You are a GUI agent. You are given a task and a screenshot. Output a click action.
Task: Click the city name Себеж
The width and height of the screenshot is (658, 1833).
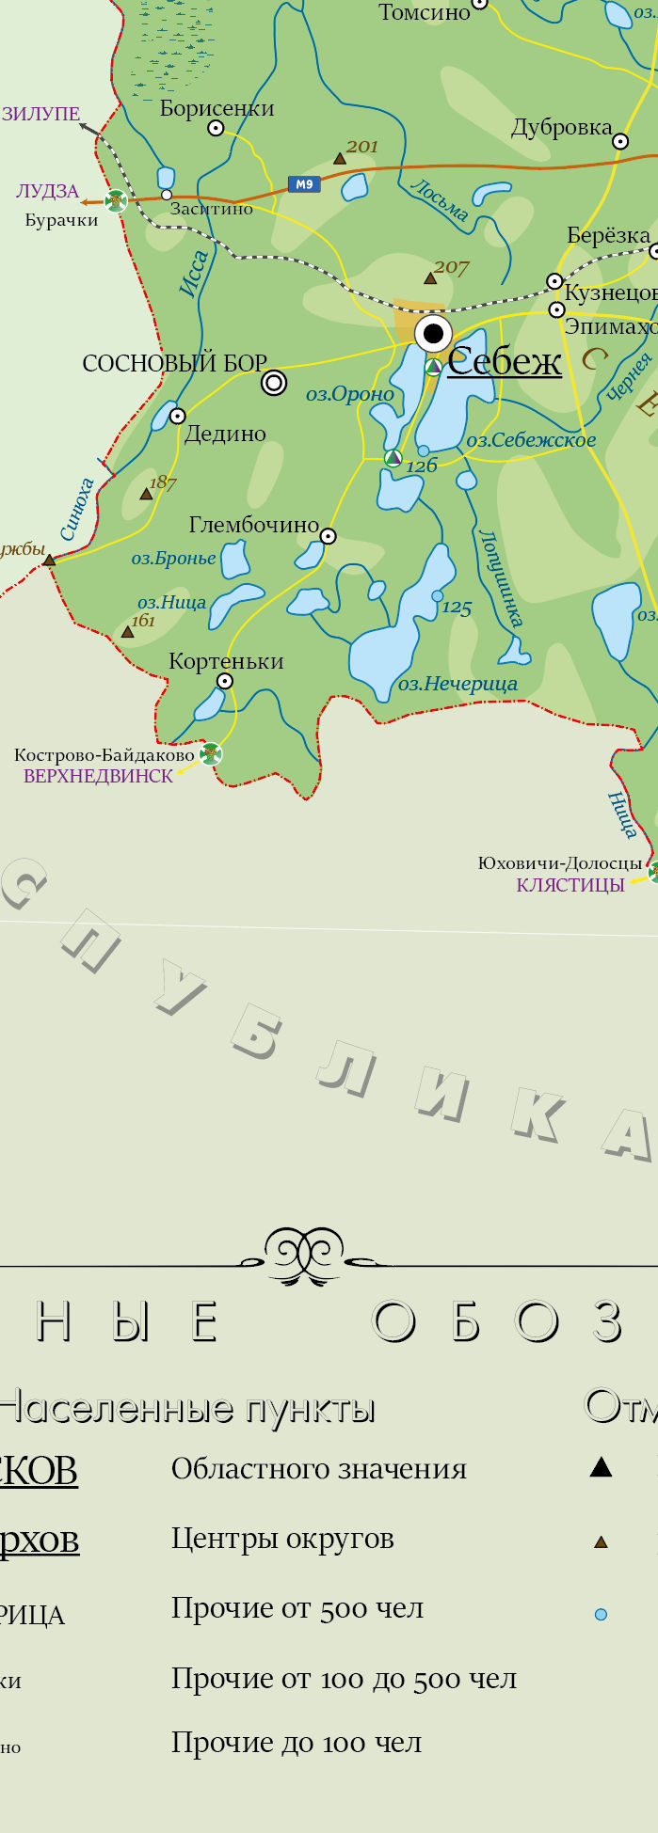[505, 361]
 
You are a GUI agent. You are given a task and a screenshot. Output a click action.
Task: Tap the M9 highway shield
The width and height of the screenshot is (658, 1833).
[303, 184]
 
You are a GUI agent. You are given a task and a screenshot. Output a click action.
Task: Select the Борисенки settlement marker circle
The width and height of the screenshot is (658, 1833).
[216, 128]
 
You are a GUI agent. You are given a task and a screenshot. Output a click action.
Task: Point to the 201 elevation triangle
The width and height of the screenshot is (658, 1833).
[340, 159]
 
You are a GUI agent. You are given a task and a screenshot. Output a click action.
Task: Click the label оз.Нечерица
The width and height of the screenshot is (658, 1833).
[457, 684]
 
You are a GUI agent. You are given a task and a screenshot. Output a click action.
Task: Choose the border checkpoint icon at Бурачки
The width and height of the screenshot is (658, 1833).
[116, 200]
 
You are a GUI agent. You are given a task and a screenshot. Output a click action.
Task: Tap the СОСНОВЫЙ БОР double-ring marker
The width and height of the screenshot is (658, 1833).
[274, 383]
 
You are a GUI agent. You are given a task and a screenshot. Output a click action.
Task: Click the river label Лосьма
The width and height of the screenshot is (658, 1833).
[440, 200]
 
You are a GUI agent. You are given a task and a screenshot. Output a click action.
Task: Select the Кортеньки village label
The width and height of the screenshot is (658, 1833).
[226, 661]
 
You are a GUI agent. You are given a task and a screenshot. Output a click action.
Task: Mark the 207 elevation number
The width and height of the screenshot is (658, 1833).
[451, 267]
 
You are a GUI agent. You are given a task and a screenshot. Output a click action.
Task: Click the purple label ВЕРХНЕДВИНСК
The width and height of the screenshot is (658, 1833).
[99, 777]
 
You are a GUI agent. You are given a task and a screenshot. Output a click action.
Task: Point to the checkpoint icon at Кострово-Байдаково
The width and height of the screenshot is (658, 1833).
[211, 753]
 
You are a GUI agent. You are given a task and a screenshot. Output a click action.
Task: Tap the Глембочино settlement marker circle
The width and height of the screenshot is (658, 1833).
[328, 536]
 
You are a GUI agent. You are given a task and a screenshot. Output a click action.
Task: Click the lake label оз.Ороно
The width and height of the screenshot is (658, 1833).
[349, 395]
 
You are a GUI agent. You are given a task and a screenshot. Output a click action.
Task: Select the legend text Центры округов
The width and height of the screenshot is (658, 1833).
[282, 1539]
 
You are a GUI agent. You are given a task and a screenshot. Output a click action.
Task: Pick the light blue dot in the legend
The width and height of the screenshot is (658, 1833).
[601, 1615]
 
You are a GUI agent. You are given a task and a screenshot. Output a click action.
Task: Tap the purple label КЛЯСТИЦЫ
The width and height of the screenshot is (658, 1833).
[570, 885]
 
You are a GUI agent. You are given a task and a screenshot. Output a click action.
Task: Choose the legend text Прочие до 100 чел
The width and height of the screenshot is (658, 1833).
[297, 1743]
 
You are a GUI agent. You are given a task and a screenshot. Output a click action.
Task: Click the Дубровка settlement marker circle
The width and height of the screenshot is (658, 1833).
[620, 141]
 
